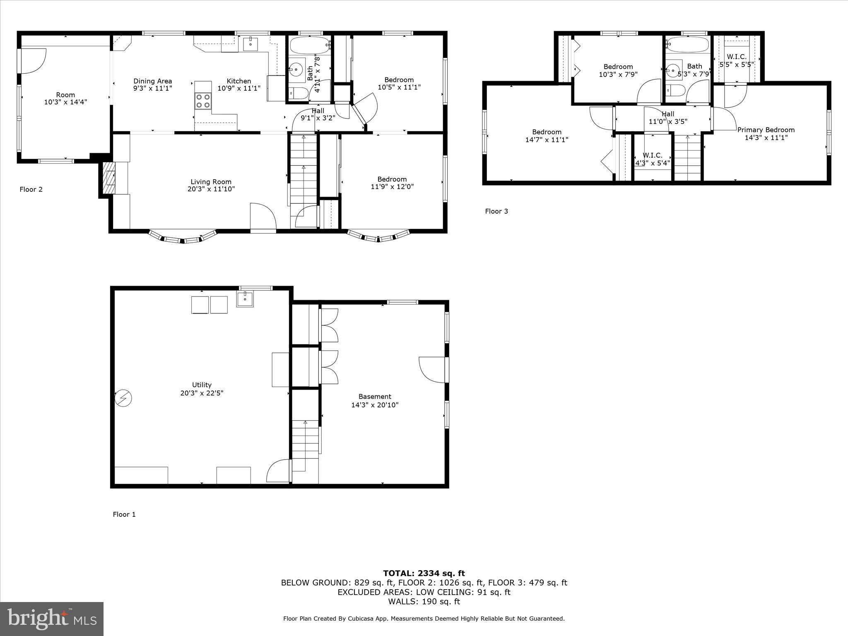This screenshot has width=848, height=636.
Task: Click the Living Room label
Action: click(x=211, y=182)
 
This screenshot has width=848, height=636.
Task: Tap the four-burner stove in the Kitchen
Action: click(x=203, y=101)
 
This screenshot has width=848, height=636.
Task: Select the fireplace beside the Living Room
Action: click(x=109, y=178)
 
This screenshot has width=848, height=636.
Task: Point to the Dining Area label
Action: click(x=152, y=81)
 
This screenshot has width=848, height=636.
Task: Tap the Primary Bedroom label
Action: click(x=766, y=130)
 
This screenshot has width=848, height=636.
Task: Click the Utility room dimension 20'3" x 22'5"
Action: click(x=202, y=393)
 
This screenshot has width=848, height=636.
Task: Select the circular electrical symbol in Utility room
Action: click(x=123, y=398)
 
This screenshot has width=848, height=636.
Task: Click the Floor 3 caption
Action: click(x=496, y=211)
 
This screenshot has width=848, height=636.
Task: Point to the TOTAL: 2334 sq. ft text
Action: click(x=424, y=573)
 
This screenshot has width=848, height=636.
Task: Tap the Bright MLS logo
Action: click(x=52, y=619)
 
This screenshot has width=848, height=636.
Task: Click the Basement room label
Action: click(x=375, y=397)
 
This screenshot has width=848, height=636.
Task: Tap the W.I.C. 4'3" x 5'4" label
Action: click(x=652, y=159)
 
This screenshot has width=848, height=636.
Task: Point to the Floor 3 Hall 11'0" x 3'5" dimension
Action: click(x=667, y=122)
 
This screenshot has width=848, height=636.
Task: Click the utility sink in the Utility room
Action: click(x=245, y=299)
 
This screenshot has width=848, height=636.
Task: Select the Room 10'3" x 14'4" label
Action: click(x=65, y=98)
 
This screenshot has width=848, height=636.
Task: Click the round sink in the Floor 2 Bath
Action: click(x=296, y=69)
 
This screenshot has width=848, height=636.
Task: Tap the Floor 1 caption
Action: click(x=124, y=514)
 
